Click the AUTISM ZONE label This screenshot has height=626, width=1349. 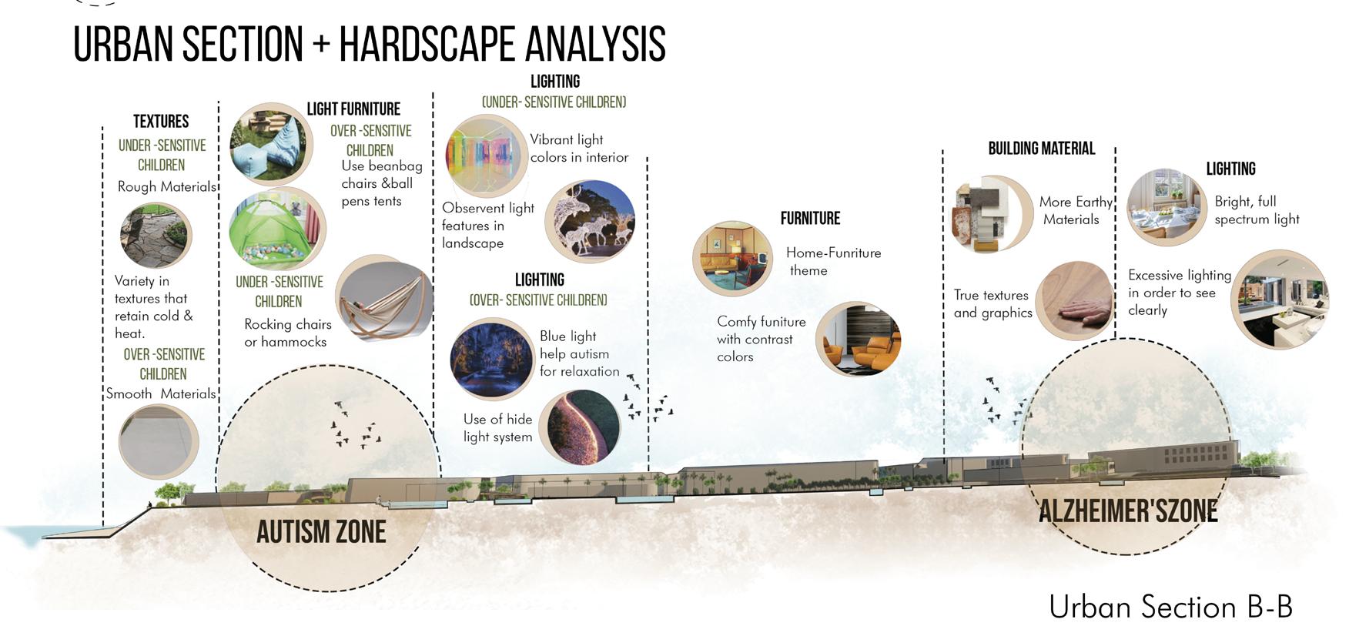point(321,532)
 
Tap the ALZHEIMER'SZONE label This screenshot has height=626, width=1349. point(1128,511)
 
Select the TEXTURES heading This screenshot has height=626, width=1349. point(161,122)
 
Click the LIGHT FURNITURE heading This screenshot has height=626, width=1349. point(353,109)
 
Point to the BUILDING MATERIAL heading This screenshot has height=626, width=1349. point(1041,149)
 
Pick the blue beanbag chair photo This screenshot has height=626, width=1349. point(270,144)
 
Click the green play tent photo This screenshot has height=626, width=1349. point(277,229)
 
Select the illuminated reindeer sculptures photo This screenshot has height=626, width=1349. point(590,222)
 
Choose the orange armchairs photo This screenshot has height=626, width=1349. point(858,339)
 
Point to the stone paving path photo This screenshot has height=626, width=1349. point(156,236)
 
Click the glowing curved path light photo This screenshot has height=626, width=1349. point(579,428)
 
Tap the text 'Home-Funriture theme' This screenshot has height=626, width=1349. point(832,262)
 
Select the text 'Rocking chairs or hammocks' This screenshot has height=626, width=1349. point(287,333)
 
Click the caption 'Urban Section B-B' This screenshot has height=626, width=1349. point(1170,607)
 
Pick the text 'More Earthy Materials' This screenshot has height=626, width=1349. point(1074,210)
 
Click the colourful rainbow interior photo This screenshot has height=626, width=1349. point(486,156)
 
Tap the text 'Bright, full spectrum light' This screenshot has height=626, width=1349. point(1256,210)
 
